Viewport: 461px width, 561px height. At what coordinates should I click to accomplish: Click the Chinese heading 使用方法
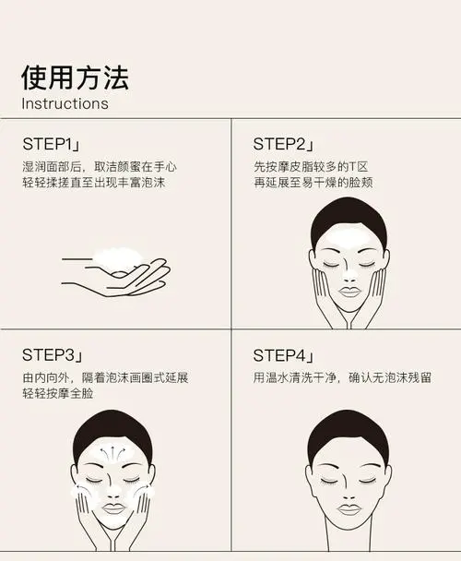75,76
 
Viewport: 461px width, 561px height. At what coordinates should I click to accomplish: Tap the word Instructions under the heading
65,103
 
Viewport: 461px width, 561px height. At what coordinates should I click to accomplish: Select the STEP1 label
51,145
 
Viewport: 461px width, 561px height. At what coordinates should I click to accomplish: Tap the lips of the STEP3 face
112,507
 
